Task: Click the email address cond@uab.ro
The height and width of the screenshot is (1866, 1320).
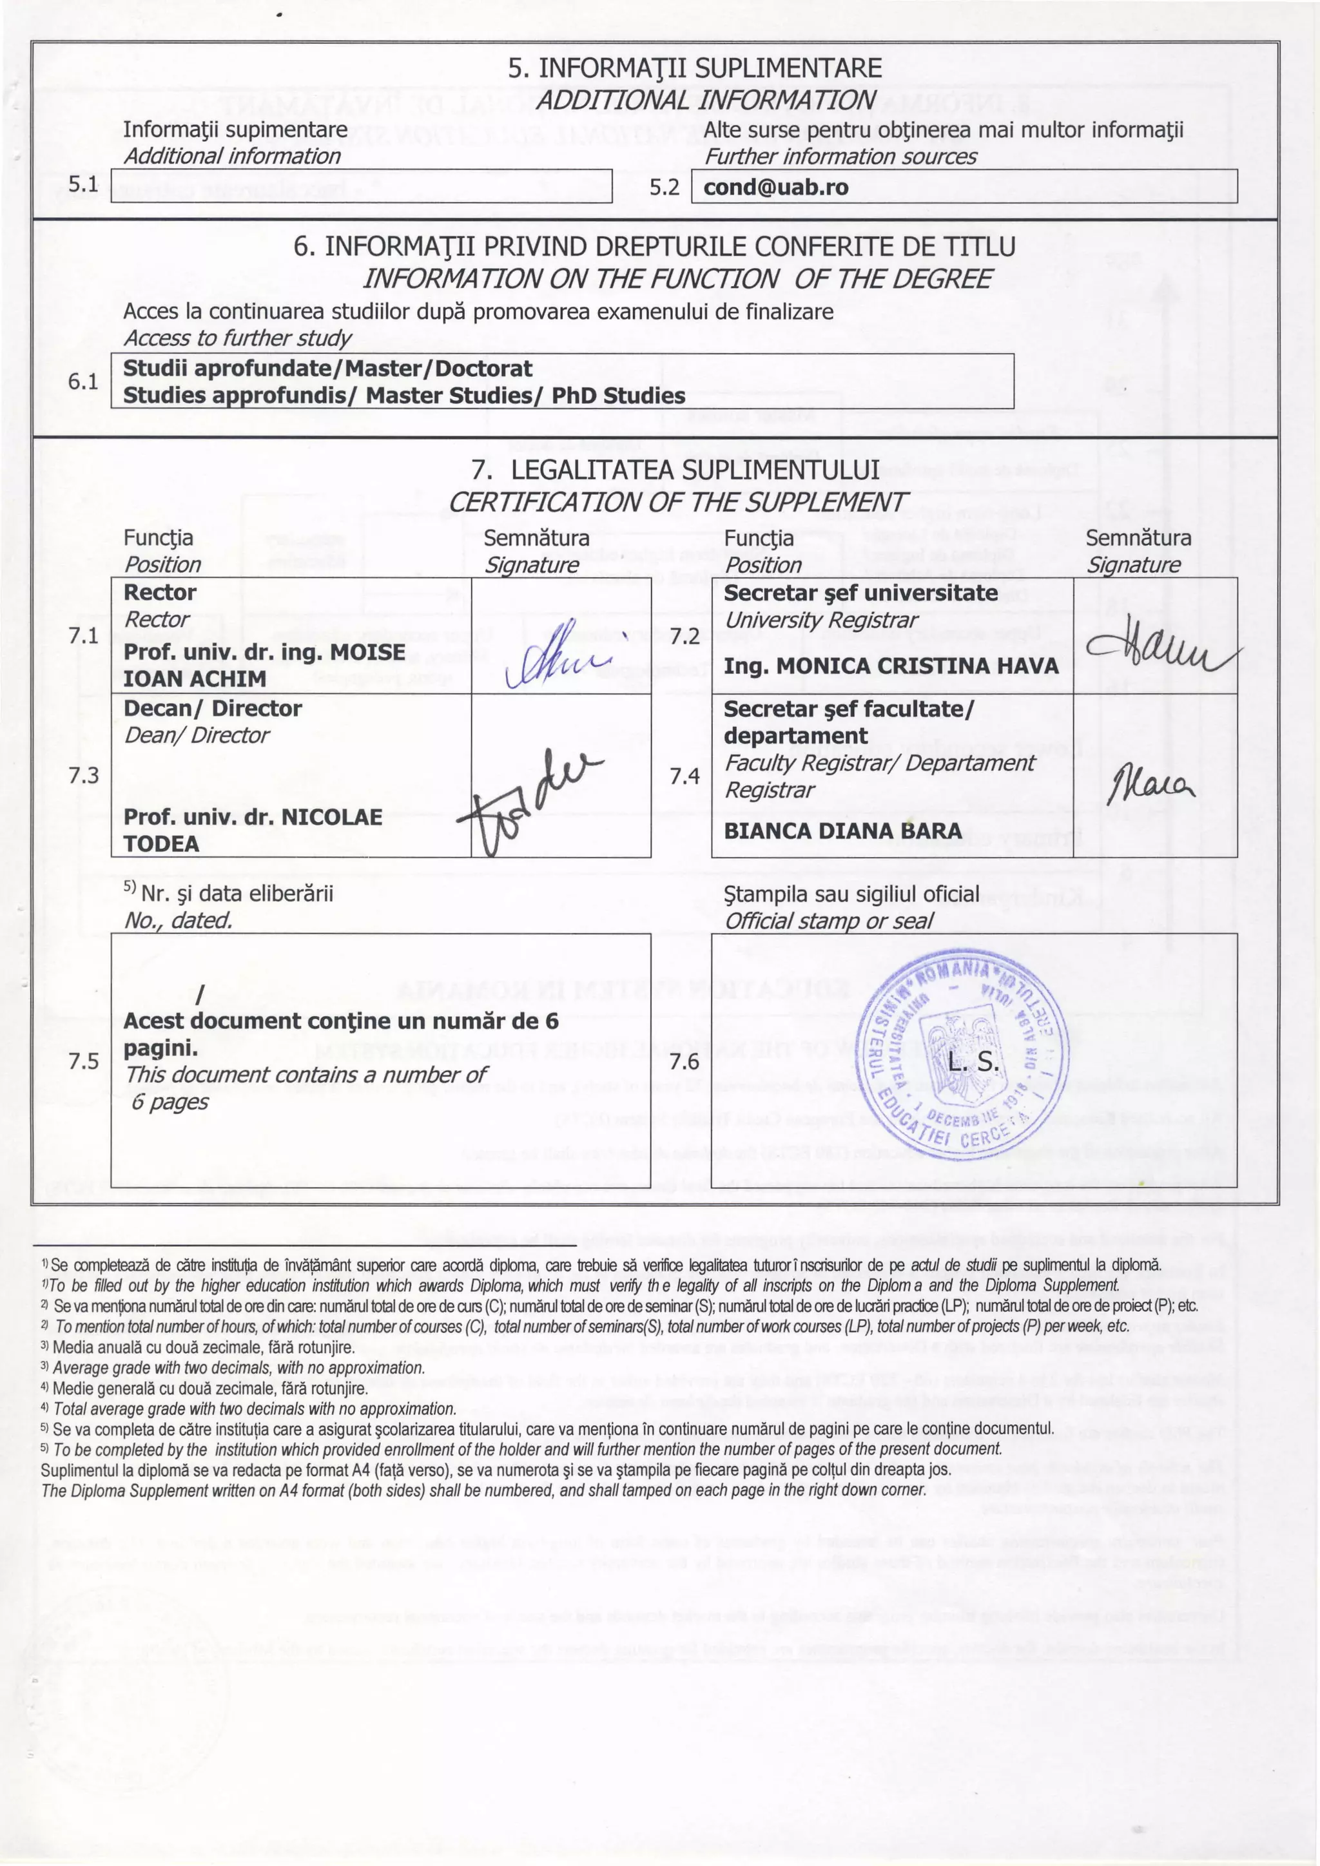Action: tap(775, 188)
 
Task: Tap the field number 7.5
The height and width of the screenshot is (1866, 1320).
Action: tap(84, 1061)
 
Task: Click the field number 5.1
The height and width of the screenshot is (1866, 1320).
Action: tap(84, 184)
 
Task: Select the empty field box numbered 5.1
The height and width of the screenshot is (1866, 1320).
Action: tap(361, 186)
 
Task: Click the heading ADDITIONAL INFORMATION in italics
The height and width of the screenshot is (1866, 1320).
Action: tap(704, 100)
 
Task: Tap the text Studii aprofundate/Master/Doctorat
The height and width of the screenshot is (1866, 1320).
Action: tap(327, 368)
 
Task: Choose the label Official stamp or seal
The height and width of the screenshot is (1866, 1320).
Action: tap(828, 921)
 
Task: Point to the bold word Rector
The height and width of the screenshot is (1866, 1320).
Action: tap(159, 593)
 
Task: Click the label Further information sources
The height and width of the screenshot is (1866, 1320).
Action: tap(840, 156)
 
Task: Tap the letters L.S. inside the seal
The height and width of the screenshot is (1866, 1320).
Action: tap(974, 1063)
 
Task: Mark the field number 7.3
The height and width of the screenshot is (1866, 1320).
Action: tap(84, 775)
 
